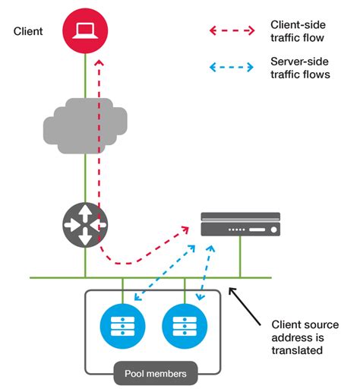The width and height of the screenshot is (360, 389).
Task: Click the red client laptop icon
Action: click(x=85, y=31)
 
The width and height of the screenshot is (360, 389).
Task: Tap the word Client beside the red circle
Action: click(x=28, y=31)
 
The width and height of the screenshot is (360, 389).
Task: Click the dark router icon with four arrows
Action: click(x=85, y=224)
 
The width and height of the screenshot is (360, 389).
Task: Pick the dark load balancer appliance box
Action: click(x=240, y=226)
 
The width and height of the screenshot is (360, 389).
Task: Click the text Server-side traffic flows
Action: click(x=299, y=67)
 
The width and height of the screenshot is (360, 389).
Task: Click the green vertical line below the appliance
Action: click(x=240, y=258)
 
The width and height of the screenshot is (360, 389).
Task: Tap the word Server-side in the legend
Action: click(x=297, y=60)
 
